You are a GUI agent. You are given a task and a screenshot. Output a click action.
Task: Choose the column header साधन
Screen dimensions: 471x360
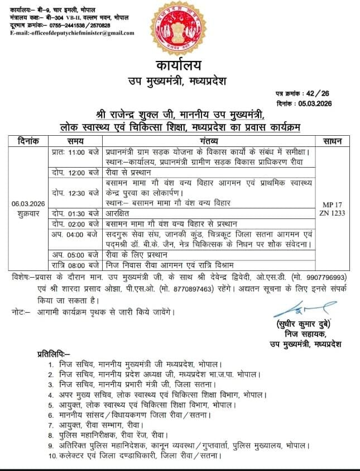339,141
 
